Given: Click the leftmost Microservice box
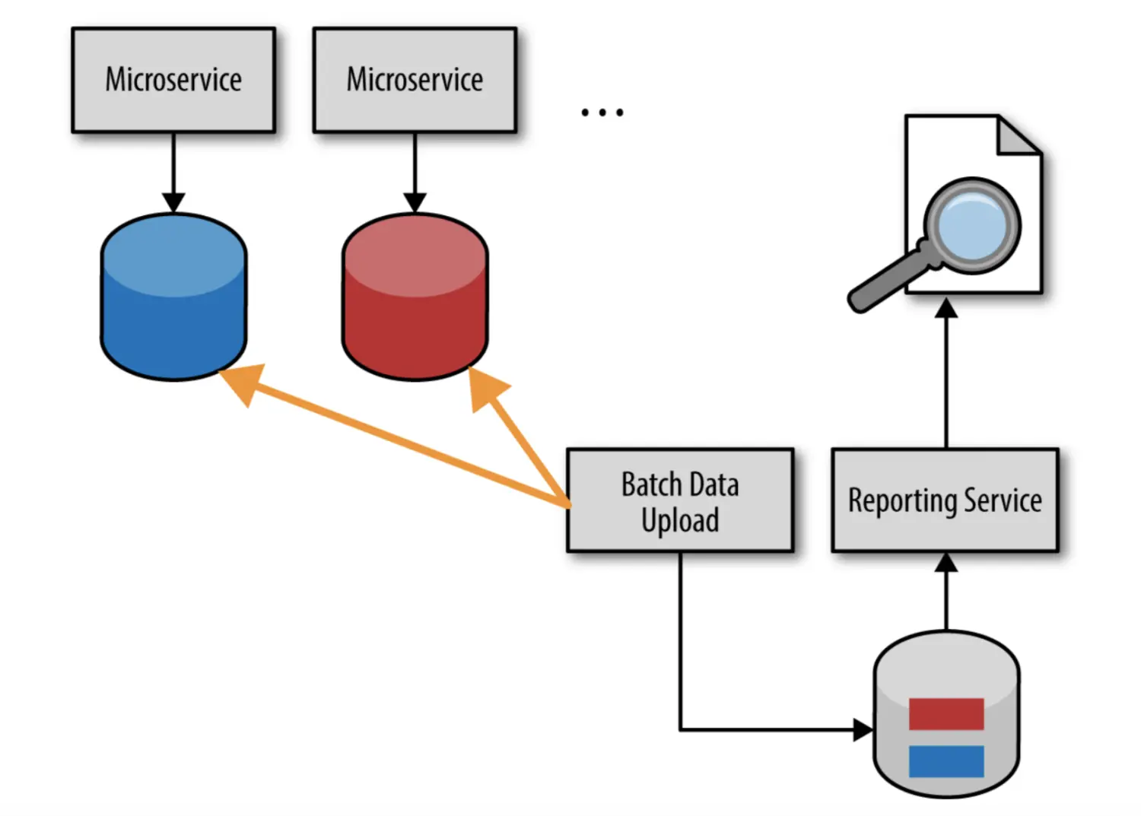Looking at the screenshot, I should click(x=173, y=80).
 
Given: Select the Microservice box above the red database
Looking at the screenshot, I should click(x=415, y=80).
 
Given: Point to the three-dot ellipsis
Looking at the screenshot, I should click(x=602, y=113).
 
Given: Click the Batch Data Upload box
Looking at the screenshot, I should click(x=680, y=500).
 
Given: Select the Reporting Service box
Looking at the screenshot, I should click(x=945, y=500).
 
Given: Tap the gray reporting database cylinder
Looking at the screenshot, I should click(x=946, y=669).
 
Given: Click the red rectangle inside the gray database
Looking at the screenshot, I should click(x=946, y=714).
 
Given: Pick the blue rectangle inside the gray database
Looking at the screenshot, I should click(x=946, y=760).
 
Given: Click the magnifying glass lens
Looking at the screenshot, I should click(x=972, y=226).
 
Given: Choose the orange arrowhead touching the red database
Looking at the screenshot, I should click(x=485, y=387).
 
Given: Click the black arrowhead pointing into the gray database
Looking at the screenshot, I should click(x=863, y=730).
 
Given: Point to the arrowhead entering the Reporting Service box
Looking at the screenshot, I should click(x=946, y=563).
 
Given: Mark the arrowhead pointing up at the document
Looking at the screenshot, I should click(x=946, y=308).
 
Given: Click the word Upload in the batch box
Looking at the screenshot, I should click(x=680, y=521).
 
